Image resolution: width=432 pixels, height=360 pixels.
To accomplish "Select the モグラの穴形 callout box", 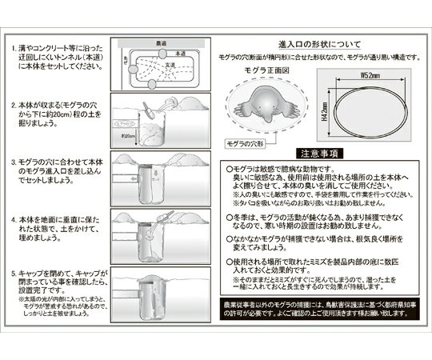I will point(238,144).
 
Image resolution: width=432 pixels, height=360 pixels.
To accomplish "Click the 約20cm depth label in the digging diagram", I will point(128,138).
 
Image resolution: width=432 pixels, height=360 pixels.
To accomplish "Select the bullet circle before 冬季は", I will point(229,215).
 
